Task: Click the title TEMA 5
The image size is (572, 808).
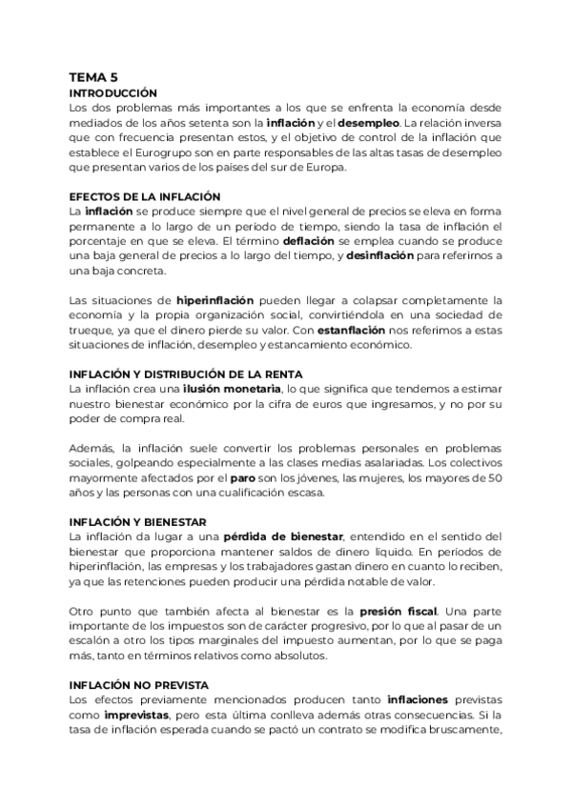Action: tap(93, 78)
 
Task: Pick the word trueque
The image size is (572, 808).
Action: tap(91, 331)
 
